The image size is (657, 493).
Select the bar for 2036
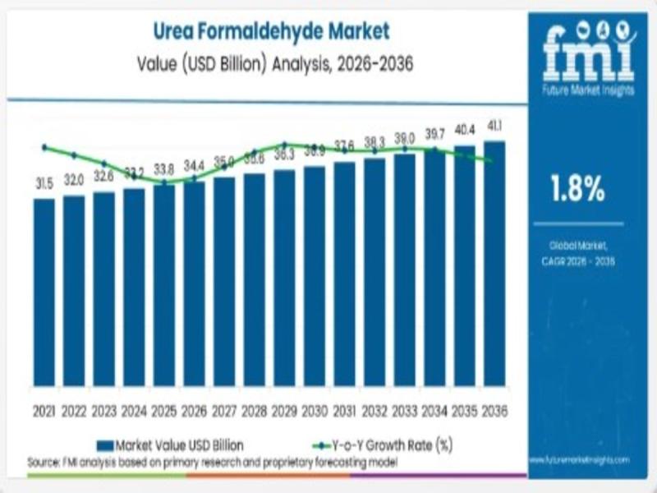click(494, 263)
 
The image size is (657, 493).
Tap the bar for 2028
click(254, 279)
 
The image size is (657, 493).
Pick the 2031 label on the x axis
click(344, 410)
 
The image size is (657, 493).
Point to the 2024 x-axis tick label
click(134, 410)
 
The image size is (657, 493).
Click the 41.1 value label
click(494, 126)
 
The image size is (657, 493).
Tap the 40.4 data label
click(465, 129)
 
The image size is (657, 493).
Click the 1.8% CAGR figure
click(577, 190)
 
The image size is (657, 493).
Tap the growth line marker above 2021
click(44, 147)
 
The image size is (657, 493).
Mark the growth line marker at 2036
click(491, 160)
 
